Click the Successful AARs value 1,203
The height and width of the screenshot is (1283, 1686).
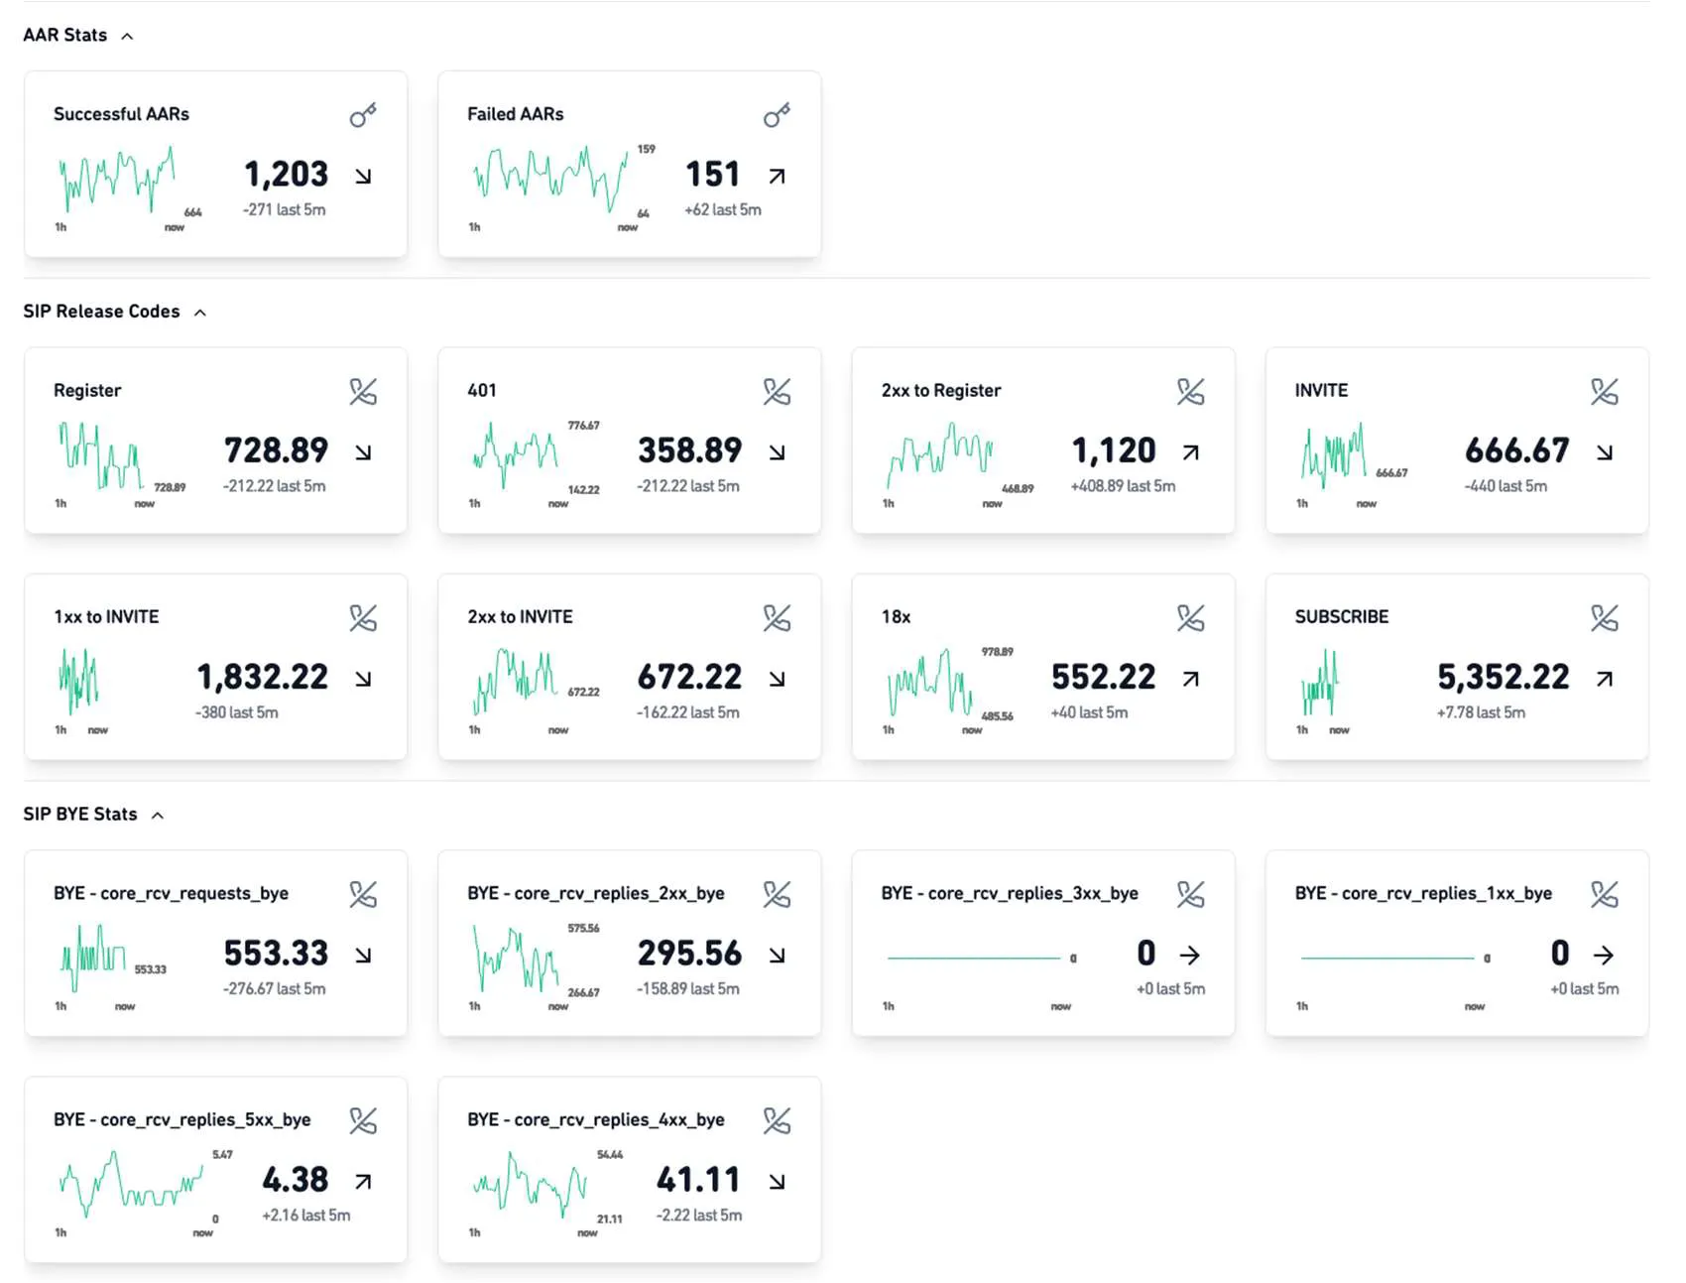[x=286, y=175]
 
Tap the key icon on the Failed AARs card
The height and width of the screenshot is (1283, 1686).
[x=777, y=115]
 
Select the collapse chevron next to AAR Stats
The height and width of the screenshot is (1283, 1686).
[x=127, y=37]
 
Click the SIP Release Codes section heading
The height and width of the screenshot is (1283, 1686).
[x=101, y=312]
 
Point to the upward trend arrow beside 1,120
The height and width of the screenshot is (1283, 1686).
[x=1191, y=452]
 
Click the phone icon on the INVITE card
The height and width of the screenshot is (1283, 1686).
[x=1604, y=392]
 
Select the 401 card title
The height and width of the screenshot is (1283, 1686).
[x=482, y=391]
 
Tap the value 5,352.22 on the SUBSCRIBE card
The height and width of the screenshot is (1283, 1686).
[x=1503, y=677]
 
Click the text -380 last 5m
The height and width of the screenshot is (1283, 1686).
[x=236, y=712]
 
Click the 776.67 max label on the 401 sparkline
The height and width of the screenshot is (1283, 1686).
[x=583, y=426]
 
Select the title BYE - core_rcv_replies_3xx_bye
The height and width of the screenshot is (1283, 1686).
[x=1009, y=893]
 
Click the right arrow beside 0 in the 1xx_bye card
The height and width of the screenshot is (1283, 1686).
[x=1604, y=955]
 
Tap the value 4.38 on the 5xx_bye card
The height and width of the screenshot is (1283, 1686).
[x=295, y=1180]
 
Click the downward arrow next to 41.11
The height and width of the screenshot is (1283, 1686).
[x=777, y=1182]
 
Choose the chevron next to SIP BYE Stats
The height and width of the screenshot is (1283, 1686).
[x=158, y=816]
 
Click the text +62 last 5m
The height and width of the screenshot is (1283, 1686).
[x=722, y=210]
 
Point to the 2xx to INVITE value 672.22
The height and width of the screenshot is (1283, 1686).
[x=689, y=677]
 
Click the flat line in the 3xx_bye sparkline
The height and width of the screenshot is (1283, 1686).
[x=972, y=958]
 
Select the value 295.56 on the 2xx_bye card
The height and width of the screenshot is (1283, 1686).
[x=689, y=954]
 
